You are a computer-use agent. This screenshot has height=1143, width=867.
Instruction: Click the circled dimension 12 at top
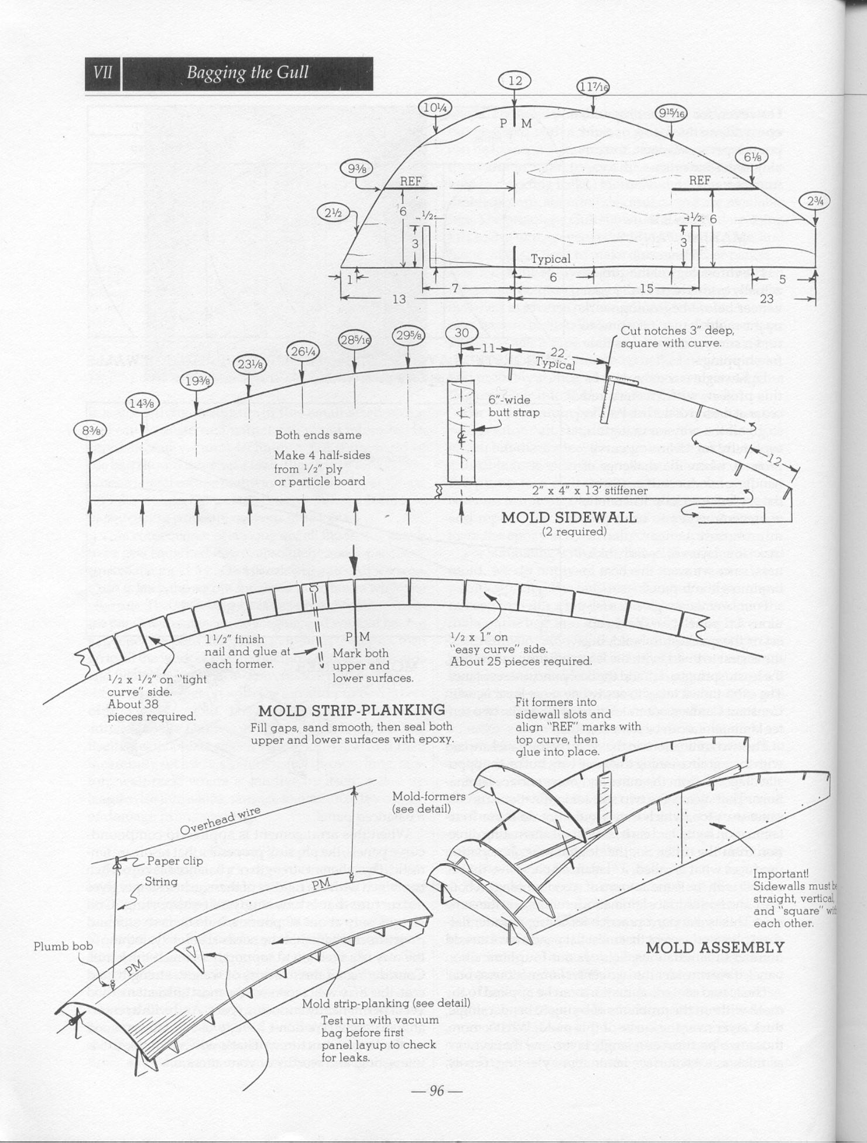click(515, 81)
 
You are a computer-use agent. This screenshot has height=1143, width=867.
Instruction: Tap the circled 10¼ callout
click(435, 108)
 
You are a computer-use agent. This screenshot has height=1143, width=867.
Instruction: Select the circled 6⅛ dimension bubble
click(752, 157)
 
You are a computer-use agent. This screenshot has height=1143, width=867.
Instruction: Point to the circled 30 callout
click(461, 333)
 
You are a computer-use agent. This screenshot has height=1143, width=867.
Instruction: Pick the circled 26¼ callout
click(303, 351)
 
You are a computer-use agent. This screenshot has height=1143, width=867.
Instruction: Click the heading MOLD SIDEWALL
click(568, 517)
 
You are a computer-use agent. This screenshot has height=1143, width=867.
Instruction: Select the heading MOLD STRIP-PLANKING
click(352, 710)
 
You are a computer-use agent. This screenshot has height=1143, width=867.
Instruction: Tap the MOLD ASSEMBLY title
click(714, 947)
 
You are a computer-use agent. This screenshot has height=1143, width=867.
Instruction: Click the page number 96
click(436, 1090)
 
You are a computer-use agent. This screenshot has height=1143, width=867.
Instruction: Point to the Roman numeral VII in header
click(103, 73)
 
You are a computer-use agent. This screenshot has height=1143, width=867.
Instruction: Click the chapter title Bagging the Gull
click(247, 73)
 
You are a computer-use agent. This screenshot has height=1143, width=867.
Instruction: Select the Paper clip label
click(174, 860)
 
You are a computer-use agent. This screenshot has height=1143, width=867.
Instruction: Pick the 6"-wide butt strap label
click(509, 406)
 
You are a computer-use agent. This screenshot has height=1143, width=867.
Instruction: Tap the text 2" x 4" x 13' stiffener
click(590, 491)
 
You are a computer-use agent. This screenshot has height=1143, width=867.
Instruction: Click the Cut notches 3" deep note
click(677, 337)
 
